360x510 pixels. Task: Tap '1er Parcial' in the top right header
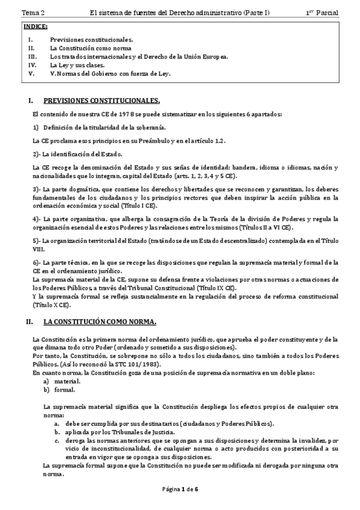point(322,13)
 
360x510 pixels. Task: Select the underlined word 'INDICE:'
point(35,27)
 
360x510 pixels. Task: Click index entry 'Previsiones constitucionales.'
point(91,40)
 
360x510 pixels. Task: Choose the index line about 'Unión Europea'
point(139,57)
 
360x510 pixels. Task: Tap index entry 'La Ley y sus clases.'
point(77,65)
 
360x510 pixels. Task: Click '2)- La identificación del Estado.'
point(77,154)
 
